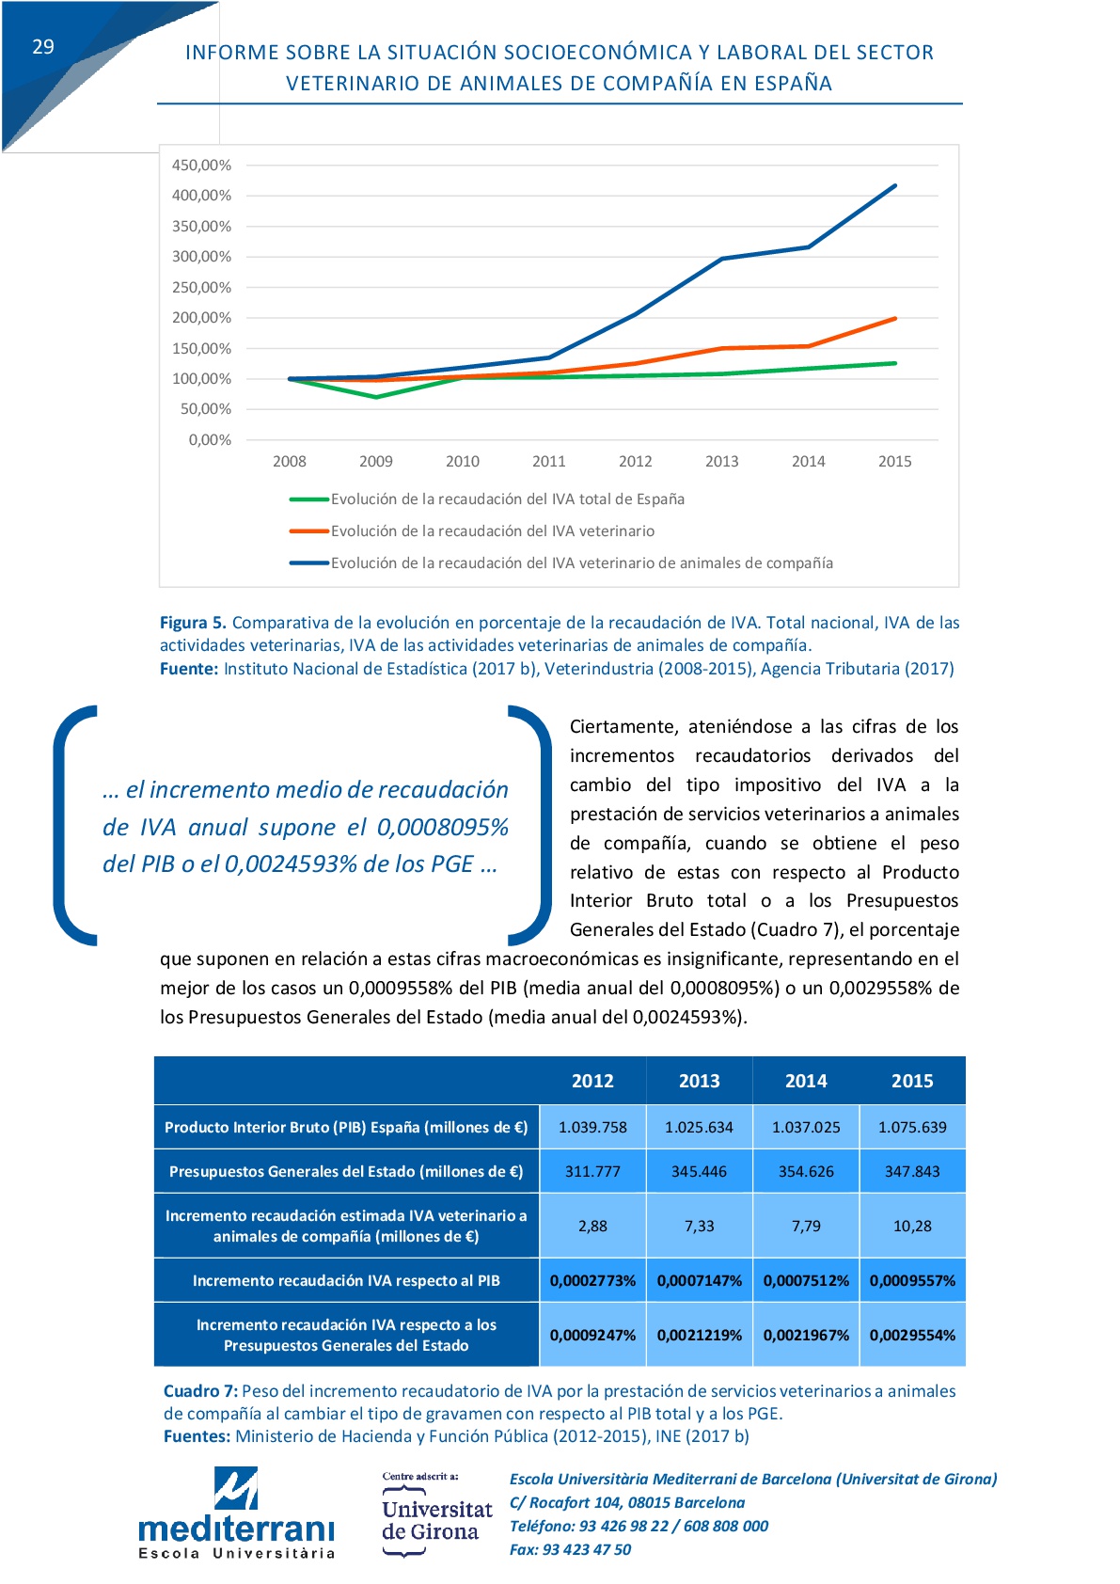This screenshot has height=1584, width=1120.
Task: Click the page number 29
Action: (43, 47)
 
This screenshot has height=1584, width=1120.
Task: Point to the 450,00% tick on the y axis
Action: (201, 166)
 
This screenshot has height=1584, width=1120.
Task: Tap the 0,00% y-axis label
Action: (210, 440)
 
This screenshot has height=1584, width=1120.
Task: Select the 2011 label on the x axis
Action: (548, 462)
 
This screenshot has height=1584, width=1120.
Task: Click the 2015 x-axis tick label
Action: (894, 462)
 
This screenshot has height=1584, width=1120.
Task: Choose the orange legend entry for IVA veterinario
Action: (472, 531)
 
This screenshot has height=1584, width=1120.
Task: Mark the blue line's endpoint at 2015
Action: (895, 186)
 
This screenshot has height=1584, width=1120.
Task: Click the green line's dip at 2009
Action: (376, 397)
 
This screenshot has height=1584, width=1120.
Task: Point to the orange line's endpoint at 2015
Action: (895, 319)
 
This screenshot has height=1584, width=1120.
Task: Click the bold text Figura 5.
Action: (193, 623)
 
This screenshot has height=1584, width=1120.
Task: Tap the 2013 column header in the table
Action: (700, 1081)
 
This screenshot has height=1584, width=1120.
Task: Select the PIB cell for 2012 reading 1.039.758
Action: (592, 1127)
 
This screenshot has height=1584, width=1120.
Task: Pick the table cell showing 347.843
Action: (912, 1172)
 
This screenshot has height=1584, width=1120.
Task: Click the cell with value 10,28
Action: (912, 1227)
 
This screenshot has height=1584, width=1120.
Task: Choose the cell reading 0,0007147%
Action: (700, 1280)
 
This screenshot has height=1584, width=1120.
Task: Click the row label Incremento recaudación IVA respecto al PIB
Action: (346, 1280)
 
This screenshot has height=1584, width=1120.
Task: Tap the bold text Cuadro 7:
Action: (201, 1391)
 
